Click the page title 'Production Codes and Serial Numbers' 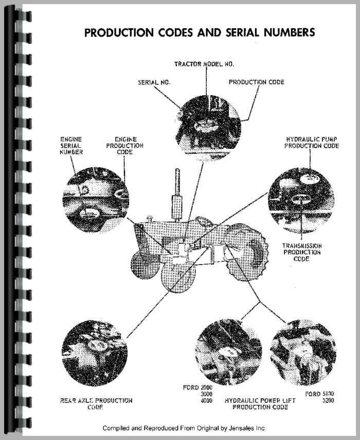[200, 32]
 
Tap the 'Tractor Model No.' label [204, 64]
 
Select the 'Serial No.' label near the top [154, 82]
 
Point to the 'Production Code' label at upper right [257, 82]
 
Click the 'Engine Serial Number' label [71, 146]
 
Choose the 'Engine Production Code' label [125, 146]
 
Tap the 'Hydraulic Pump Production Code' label [312, 143]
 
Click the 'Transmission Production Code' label [302, 252]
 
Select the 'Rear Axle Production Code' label [96, 403]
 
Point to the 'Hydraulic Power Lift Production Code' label [260, 403]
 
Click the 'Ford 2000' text [197, 388]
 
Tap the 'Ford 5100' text [319, 394]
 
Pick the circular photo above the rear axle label [95, 353]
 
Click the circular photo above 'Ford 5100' [303, 352]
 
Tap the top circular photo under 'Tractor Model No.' [207, 128]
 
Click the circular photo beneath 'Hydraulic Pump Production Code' [301, 200]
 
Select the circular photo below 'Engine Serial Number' [96, 200]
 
